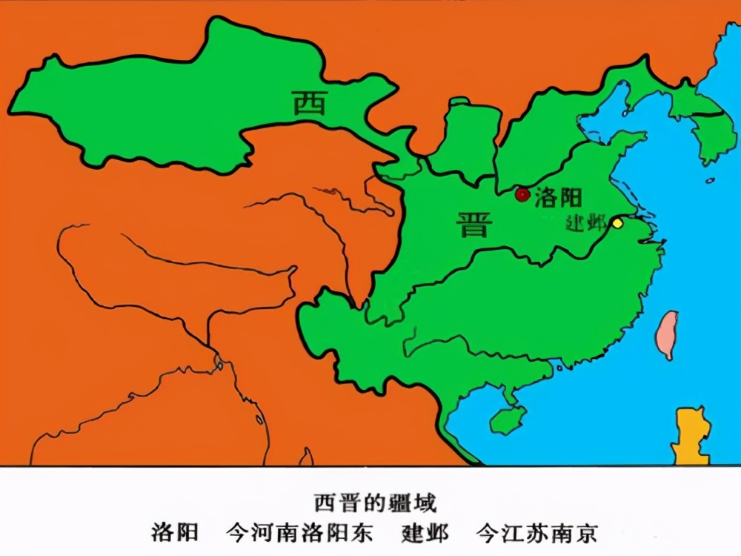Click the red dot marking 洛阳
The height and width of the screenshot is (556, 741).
[522, 195]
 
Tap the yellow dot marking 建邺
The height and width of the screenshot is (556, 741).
[617, 223]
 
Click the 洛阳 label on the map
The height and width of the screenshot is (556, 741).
[558, 197]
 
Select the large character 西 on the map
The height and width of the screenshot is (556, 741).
[309, 103]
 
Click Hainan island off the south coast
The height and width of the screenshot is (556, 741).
[508, 420]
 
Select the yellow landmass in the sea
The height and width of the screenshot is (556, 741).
[691, 435]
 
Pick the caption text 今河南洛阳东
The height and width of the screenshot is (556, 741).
[299, 533]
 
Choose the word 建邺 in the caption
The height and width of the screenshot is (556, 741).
[425, 533]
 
